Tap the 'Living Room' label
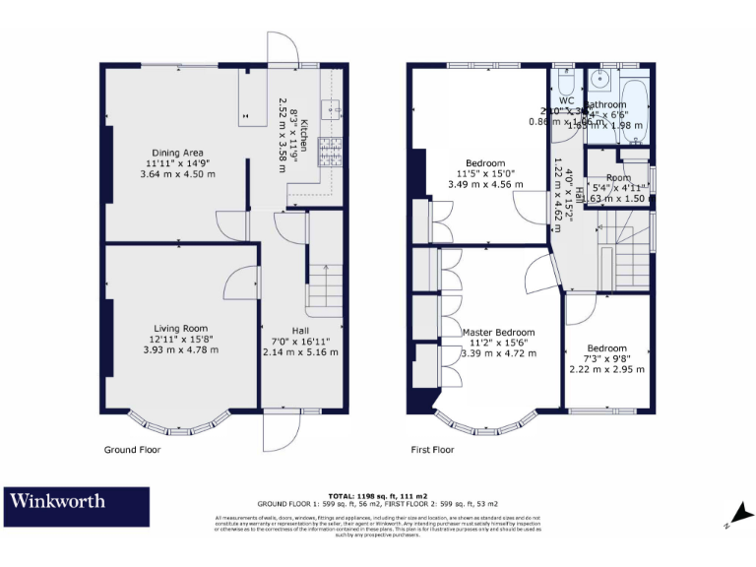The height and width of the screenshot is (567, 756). click(179, 328)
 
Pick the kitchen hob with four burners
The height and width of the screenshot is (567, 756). click(332, 151)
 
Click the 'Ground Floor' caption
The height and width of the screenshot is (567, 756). click(132, 450)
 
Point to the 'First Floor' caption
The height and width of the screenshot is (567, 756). click(432, 450)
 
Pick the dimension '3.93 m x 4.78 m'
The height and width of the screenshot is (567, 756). click(179, 349)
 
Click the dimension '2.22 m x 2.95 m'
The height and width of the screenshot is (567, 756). click(607, 369)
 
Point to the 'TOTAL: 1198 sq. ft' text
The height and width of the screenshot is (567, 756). click(377, 496)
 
